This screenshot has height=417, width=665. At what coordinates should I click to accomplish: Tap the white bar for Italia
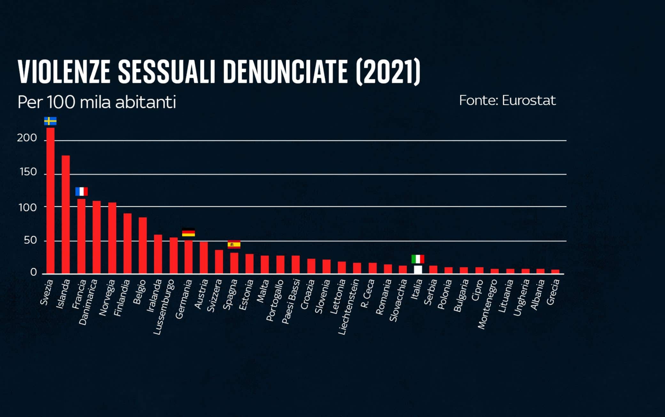pyautogui.click(x=418, y=269)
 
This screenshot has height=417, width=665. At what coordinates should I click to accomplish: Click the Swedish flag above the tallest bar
pyautogui.click(x=51, y=121)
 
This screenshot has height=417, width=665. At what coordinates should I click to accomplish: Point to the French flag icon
pyautogui.click(x=82, y=192)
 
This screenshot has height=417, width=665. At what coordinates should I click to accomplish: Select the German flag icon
pyautogui.click(x=188, y=232)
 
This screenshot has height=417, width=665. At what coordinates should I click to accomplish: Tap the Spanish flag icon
pyautogui.click(x=234, y=244)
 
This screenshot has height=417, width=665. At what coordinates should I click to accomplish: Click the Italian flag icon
pyautogui.click(x=418, y=259)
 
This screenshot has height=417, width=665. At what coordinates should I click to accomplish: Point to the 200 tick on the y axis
pyautogui.click(x=27, y=138)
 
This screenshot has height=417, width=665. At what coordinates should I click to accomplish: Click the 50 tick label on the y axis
pyautogui.click(x=30, y=241)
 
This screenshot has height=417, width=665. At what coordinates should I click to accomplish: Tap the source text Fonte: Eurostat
pyautogui.click(x=507, y=101)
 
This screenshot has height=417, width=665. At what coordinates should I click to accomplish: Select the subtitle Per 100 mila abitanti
pyautogui.click(x=97, y=102)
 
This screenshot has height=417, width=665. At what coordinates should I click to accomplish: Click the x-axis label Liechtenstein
pyautogui.click(x=349, y=307)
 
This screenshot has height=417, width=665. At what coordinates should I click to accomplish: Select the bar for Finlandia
pyautogui.click(x=128, y=243)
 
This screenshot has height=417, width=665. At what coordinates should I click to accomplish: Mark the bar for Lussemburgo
pyautogui.click(x=174, y=255)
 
